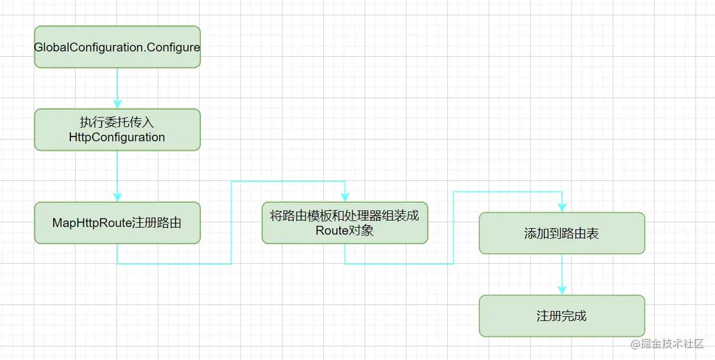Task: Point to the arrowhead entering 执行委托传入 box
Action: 117,105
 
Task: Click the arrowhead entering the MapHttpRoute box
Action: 117,197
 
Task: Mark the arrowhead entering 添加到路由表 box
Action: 561,207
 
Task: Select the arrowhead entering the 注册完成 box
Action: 561,290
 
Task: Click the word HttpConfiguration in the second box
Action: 117,137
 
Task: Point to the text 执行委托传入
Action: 117,122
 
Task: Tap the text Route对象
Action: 344,231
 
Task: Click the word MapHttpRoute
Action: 88,223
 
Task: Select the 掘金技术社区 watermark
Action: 667,344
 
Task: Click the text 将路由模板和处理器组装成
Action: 344,216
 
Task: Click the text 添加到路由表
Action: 561,233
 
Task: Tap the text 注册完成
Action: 561,316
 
